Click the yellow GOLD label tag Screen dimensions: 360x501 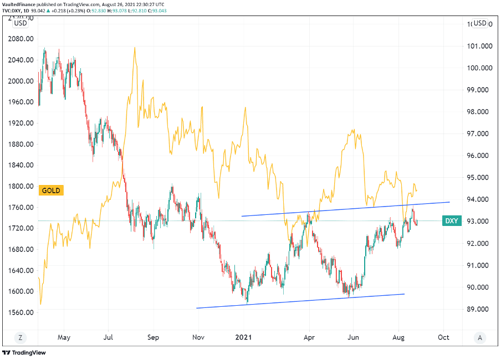52,191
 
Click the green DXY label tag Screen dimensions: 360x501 452,221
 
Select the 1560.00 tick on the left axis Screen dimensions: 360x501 21,312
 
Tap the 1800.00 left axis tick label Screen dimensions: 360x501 21,186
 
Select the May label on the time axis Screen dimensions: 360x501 64,337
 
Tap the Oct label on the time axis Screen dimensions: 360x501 443,337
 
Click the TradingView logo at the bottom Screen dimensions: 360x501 24,353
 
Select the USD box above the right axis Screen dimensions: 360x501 480,23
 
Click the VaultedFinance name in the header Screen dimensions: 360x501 19,3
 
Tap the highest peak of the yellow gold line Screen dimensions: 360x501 134,48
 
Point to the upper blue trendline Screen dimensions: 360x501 344,209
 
